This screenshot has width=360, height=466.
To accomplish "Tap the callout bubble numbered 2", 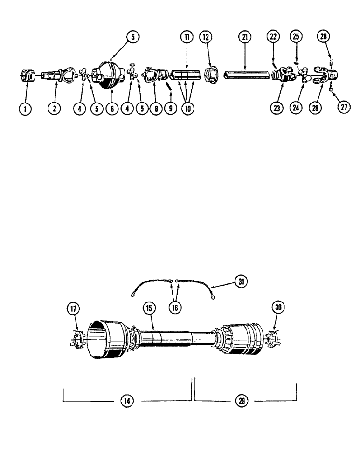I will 55,109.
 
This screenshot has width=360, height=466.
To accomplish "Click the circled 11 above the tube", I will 187,38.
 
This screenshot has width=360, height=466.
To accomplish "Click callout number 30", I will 279,308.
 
